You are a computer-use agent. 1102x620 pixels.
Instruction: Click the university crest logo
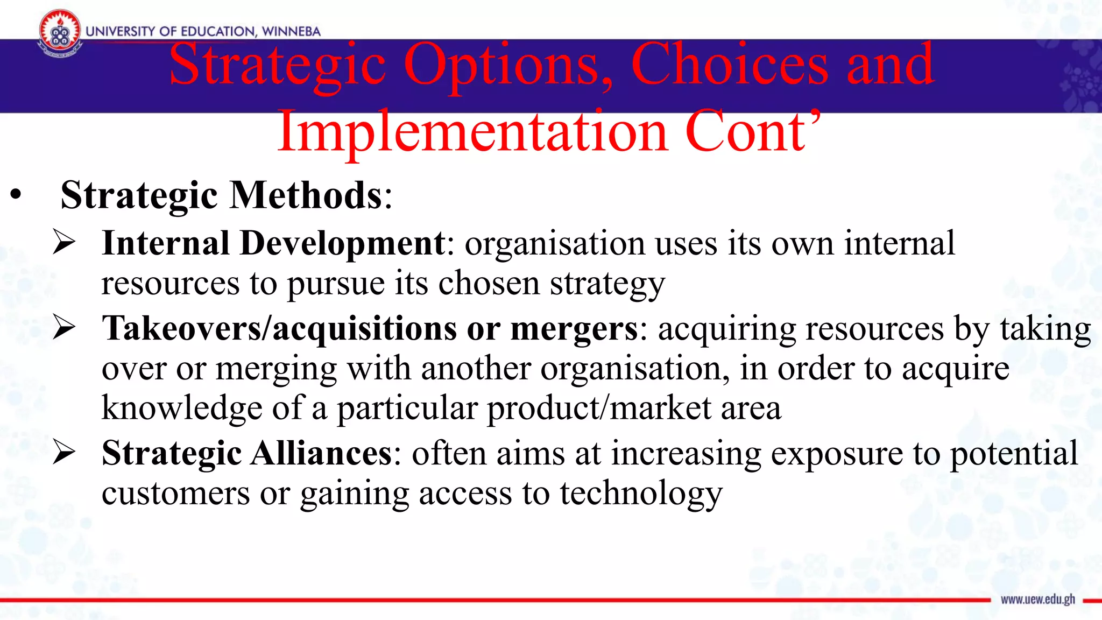pos(60,33)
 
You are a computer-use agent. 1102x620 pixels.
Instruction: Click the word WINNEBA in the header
pos(291,31)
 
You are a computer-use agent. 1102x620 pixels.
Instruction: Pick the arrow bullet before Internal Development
pos(64,242)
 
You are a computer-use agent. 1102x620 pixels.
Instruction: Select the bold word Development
pos(343,243)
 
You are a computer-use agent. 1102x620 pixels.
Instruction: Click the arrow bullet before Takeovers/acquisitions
pos(64,328)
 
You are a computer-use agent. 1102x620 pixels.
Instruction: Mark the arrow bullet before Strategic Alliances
pos(64,453)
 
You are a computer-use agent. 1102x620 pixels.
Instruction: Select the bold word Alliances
pos(322,453)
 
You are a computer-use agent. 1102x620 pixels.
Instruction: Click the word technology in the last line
pos(641,494)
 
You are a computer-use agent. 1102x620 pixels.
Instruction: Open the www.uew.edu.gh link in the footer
pos(1037,600)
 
